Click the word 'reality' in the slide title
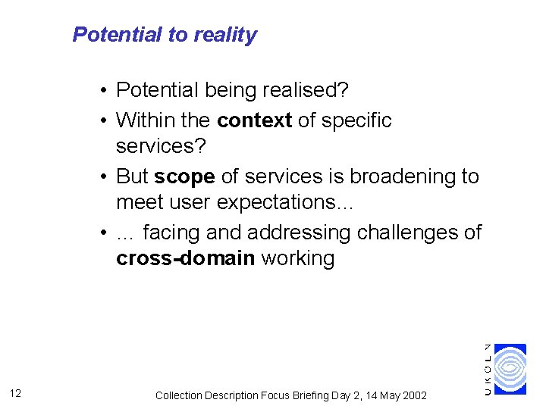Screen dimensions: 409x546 point(225,35)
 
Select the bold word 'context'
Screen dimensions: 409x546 point(254,120)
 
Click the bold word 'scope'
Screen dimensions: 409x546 point(184,176)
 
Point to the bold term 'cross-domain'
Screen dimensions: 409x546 point(185,258)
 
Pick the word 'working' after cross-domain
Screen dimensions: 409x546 point(297,258)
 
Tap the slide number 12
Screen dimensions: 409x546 point(17,393)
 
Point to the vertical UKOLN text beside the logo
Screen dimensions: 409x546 point(488,369)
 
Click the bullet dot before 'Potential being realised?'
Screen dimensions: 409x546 point(102,92)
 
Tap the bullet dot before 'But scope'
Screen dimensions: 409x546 point(102,177)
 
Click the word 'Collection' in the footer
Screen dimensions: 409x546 point(180,395)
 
